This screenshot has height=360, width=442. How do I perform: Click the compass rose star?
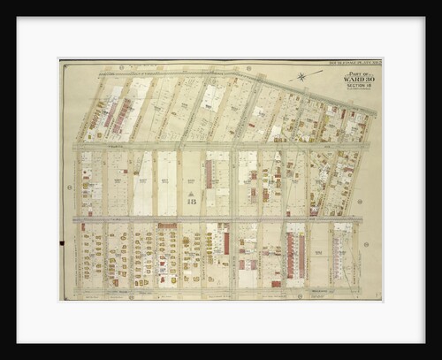pos(302,76)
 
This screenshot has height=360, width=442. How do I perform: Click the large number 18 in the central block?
pos(192,200)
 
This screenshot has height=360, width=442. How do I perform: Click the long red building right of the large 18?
pos(210,174)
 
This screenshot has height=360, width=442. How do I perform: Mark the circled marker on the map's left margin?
pos(69,188)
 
